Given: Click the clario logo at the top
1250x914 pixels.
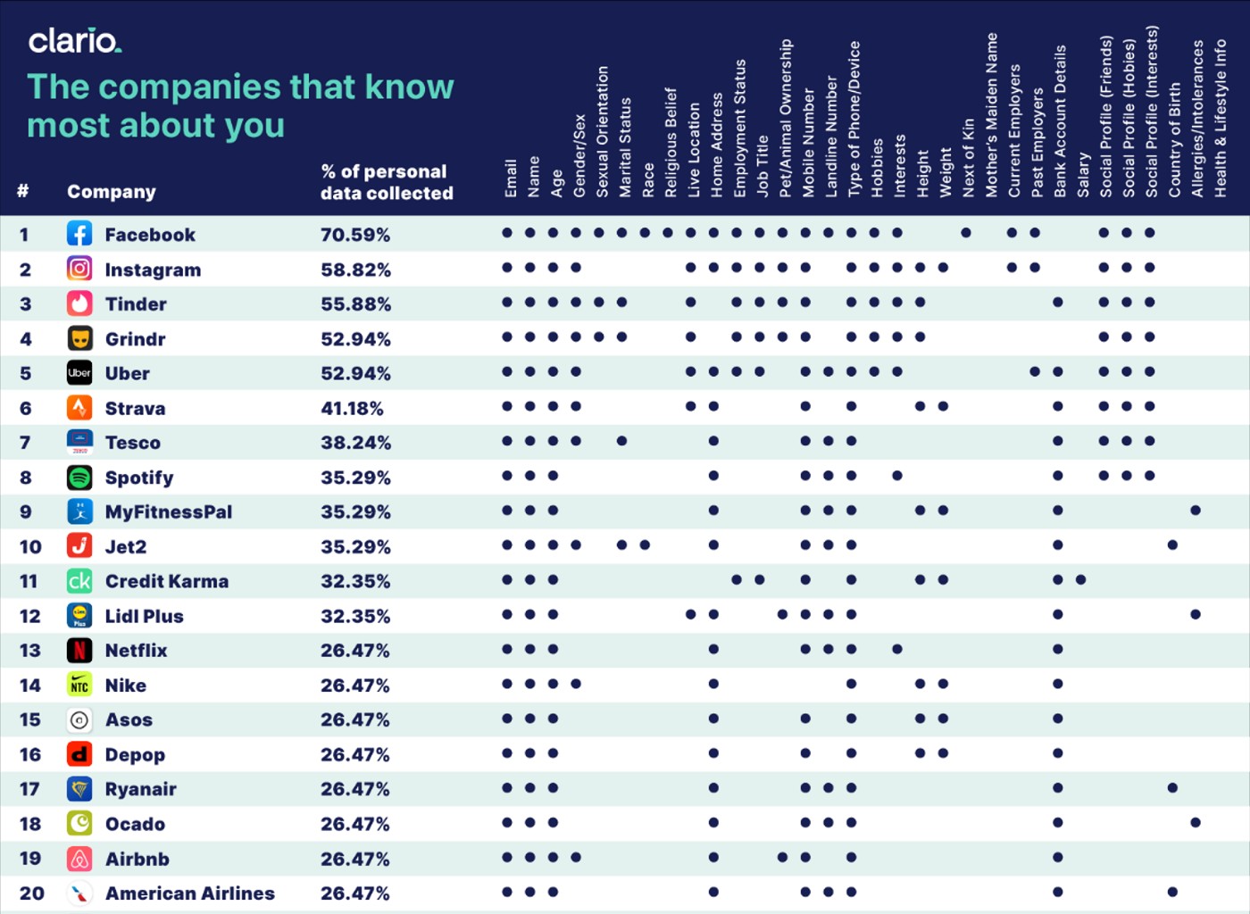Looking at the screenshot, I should coord(74,41).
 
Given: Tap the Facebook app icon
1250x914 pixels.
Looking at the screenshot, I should coord(79,235).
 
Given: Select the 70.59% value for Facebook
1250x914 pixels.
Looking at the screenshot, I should coord(355,236).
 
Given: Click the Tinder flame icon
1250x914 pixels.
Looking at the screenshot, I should coord(79,303).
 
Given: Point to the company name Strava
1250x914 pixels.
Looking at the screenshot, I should coord(135,409).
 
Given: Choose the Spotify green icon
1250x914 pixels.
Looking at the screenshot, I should coord(79,478).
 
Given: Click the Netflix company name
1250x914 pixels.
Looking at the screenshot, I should coord(136,651).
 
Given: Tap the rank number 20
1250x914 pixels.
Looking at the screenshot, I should coord(31,893).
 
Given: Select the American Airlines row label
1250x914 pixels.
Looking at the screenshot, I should coord(189,893).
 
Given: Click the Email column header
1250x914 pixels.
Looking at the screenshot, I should coord(511,179).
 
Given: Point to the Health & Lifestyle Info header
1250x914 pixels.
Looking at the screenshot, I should coord(1221,119).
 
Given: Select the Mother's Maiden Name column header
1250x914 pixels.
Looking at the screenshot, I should coord(991,115).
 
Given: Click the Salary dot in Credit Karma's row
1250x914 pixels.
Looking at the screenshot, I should coord(1081,580).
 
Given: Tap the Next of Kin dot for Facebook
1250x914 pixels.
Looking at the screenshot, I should coord(966,233).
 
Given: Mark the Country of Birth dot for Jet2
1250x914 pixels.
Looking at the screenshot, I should coord(1173,545).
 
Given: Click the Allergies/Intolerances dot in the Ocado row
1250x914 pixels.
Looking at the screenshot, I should coord(1196,822).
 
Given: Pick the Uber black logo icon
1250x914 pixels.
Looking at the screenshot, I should coord(79,373).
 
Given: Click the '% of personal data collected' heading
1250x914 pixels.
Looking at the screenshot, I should coord(387,182).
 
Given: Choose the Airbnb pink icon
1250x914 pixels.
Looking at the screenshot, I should coord(79,859).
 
